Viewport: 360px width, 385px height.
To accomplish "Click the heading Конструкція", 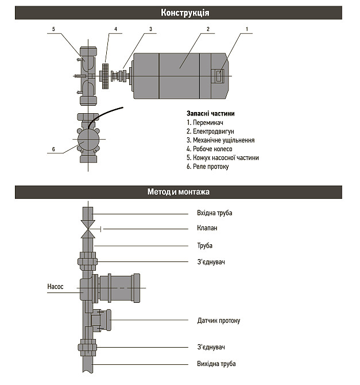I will [x=185, y=13].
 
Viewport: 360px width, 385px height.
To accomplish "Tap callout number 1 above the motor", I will [x=247, y=29].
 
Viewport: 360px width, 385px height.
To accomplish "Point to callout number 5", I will [x=53, y=29].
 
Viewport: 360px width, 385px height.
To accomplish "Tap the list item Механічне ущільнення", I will [x=220, y=140].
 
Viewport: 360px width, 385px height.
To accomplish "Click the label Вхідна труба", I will [x=214, y=213].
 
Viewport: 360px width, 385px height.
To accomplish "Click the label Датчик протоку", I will [x=218, y=321].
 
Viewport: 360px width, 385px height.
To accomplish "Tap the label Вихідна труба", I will [x=216, y=364].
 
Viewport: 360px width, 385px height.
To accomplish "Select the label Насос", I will [x=55, y=286].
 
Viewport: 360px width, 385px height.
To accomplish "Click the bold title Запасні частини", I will [x=210, y=113].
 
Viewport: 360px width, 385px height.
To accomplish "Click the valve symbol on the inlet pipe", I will [x=87, y=228].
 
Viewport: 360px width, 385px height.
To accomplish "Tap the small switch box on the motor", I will [x=219, y=75].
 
